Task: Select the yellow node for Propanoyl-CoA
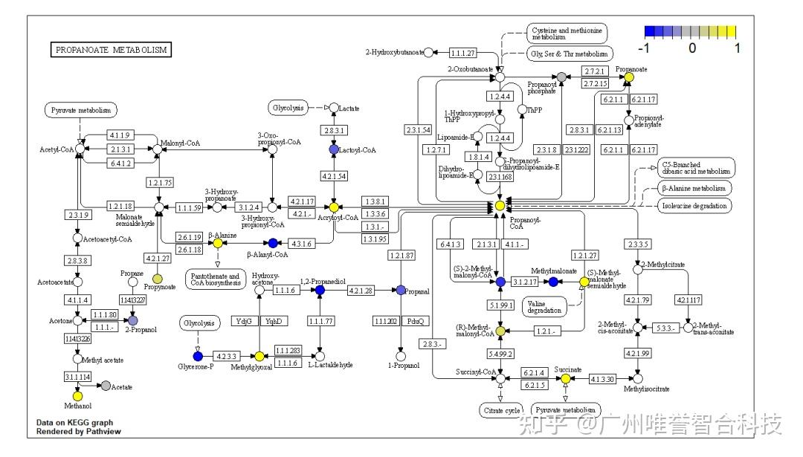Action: click(x=500, y=205)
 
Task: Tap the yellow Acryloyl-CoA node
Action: click(x=334, y=207)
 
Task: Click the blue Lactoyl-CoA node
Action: click(x=334, y=149)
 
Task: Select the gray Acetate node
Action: click(x=106, y=386)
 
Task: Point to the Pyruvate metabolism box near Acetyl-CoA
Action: click(x=81, y=111)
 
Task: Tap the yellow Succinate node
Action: click(x=565, y=378)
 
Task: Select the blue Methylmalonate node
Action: click(x=553, y=282)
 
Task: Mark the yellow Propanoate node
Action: click(x=629, y=77)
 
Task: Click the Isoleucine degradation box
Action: click(x=694, y=205)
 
